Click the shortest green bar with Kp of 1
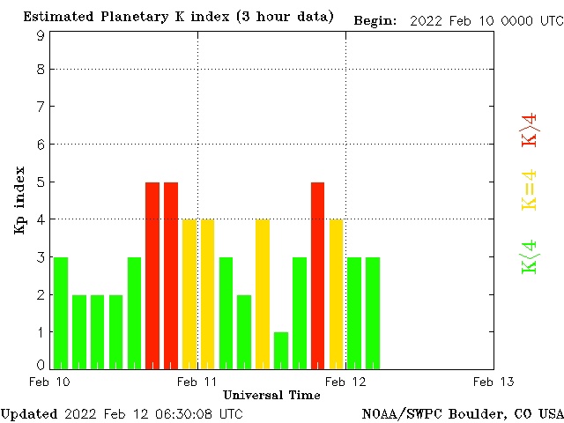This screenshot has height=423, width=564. (x=281, y=350)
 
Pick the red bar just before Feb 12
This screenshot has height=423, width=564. (x=317, y=275)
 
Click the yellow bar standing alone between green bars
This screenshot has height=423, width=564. (x=263, y=293)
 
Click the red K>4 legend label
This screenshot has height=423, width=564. (x=530, y=130)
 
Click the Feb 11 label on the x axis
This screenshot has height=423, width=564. (x=197, y=382)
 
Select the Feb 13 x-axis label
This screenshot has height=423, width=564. (x=493, y=382)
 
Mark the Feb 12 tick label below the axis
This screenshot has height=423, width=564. (x=345, y=382)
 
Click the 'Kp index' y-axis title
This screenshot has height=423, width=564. (x=19, y=200)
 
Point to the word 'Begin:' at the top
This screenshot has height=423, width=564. (x=375, y=20)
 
